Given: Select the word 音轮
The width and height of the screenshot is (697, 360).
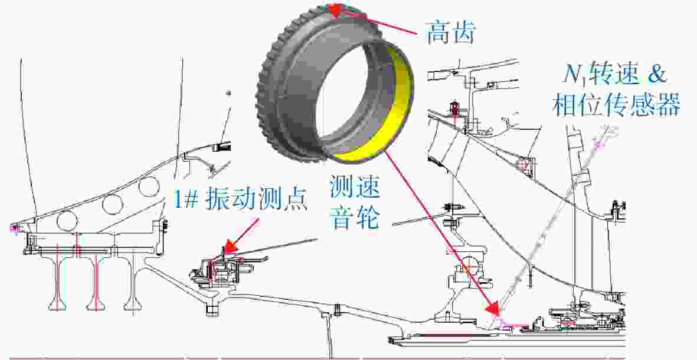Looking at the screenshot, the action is tap(354, 218).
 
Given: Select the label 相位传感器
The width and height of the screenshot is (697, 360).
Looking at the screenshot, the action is tap(617, 104).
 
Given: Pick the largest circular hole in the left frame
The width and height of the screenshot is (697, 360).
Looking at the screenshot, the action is tap(67, 221).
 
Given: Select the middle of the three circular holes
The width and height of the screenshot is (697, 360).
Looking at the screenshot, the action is tap(112, 204).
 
